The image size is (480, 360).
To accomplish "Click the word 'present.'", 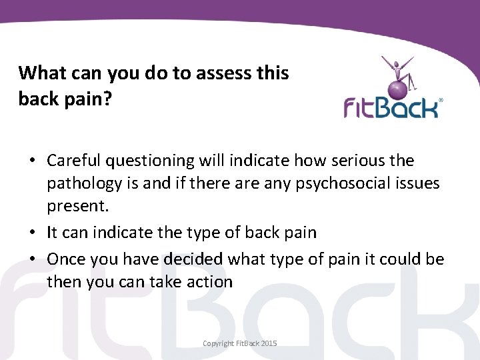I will pyautogui.click(x=74, y=206).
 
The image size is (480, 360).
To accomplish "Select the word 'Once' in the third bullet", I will pyautogui.click(x=65, y=259).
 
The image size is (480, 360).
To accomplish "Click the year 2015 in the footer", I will pyautogui.click(x=269, y=343).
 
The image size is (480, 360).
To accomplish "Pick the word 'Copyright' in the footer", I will pyautogui.click(x=219, y=343).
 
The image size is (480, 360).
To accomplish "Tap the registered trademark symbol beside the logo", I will pyautogui.click(x=441, y=101).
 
